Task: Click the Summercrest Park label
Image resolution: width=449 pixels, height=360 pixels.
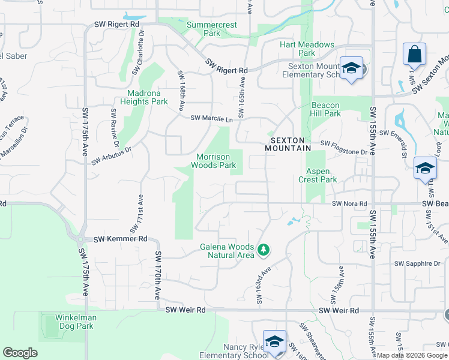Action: click(211, 29)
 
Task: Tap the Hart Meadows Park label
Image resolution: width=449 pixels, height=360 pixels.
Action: click(307, 49)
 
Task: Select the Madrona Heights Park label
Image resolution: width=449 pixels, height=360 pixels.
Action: click(148, 97)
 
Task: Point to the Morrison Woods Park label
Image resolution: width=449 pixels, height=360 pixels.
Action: click(214, 160)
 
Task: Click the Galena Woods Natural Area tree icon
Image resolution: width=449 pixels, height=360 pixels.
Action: click(262, 249)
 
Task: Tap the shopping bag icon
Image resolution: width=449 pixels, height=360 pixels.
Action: click(414, 55)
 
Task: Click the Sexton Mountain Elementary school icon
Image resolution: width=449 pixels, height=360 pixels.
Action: click(351, 68)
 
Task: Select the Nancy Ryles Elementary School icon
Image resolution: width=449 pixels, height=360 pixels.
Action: click(274, 342)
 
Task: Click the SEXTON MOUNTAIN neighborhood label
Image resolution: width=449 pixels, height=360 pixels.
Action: click(288, 143)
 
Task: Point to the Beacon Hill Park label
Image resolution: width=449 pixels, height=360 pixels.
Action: click(325, 110)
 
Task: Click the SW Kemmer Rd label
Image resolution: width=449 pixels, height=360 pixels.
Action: click(121, 239)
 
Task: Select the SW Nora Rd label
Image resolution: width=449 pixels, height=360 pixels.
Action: click(350, 204)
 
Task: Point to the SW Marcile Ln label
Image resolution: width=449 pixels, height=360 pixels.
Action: click(211, 119)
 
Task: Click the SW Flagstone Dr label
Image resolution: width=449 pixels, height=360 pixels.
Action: click(343, 144)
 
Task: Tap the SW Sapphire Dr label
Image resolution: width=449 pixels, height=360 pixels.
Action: click(417, 263)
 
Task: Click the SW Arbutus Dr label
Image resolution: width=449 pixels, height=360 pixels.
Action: click(111, 155)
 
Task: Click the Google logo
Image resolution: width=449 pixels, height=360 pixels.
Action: click(20, 353)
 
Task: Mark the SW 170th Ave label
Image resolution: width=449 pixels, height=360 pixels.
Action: click(158, 275)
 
